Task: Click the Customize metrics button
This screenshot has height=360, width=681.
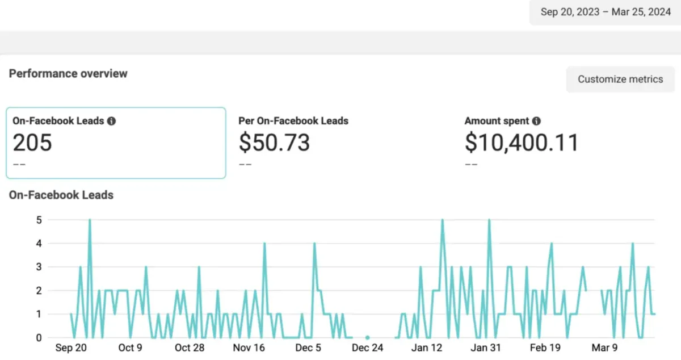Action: [620, 79]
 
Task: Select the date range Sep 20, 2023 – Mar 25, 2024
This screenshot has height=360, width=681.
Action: [606, 12]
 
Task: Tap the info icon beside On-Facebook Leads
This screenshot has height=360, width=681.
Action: [112, 121]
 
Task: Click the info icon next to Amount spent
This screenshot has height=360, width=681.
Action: [536, 121]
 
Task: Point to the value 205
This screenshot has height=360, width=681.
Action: [32, 143]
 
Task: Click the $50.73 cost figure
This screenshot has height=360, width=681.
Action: [274, 143]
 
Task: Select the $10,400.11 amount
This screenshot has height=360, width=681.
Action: [522, 143]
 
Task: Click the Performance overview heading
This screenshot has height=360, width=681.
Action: [68, 74]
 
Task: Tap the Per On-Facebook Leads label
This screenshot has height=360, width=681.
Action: [293, 121]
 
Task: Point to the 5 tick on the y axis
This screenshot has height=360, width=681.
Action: [39, 220]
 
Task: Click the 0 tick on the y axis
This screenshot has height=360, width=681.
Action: [39, 337]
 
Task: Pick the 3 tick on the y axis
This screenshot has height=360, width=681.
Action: [39, 267]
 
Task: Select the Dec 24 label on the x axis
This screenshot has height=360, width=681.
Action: [368, 348]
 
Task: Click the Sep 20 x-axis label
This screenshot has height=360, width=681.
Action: [71, 348]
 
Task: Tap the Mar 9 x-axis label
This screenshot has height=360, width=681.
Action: [605, 348]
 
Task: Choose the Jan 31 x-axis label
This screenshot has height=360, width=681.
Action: [486, 348]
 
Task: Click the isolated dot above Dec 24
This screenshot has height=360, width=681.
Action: [368, 337]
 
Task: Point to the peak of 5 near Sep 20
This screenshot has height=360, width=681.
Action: [90, 220]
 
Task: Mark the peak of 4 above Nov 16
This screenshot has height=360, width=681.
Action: [264, 244]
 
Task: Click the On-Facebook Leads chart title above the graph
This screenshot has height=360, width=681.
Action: [61, 195]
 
